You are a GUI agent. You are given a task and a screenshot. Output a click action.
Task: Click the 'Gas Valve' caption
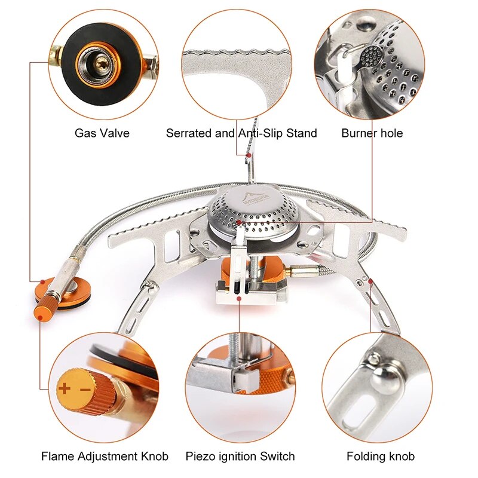(x=102, y=133)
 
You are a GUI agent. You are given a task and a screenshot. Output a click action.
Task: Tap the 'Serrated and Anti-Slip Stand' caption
(x=241, y=133)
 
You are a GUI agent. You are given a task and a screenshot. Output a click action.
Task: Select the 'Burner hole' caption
(x=372, y=133)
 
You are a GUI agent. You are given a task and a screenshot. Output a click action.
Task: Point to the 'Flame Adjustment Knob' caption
(x=105, y=456)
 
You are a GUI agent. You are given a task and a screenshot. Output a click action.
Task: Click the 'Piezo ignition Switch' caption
(x=240, y=456)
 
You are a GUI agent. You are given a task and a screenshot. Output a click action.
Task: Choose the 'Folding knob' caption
(x=381, y=456)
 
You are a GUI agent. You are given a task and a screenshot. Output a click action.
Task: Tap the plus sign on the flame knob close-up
(x=64, y=389)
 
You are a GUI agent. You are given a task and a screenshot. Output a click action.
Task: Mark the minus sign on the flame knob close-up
(x=84, y=390)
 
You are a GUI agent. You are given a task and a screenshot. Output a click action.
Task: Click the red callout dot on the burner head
(x=239, y=222)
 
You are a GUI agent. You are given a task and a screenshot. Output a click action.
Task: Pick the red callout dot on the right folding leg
(x=371, y=280)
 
